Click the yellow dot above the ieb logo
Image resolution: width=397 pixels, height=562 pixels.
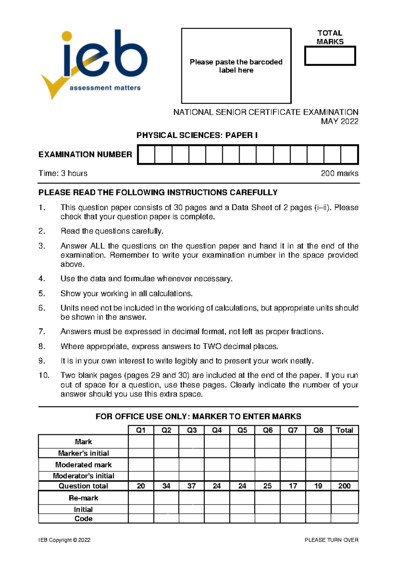(x=67, y=36)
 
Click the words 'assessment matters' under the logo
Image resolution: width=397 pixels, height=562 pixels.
(x=105, y=88)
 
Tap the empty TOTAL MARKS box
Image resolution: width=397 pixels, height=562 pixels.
(x=330, y=56)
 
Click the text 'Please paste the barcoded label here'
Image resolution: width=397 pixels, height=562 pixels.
(x=236, y=66)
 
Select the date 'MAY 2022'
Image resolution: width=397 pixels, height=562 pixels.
(x=339, y=121)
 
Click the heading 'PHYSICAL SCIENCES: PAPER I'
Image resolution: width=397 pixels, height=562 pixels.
(x=197, y=135)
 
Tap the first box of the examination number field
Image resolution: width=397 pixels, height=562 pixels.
(x=146, y=155)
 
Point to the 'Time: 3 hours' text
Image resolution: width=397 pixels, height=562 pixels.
(x=63, y=173)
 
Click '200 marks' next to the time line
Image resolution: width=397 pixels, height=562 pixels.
(x=339, y=173)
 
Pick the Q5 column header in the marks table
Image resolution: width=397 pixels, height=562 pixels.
(x=242, y=430)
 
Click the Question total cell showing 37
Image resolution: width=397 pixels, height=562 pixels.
(x=192, y=486)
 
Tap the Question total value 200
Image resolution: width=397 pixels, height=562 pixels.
(x=344, y=486)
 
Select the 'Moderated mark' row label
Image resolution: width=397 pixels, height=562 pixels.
(x=83, y=465)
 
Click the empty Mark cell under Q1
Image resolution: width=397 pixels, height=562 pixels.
(x=141, y=442)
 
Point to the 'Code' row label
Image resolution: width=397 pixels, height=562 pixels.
(x=83, y=519)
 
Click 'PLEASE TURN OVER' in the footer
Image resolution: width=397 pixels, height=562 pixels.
(x=331, y=540)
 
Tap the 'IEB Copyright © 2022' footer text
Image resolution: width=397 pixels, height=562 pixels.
(x=65, y=540)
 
